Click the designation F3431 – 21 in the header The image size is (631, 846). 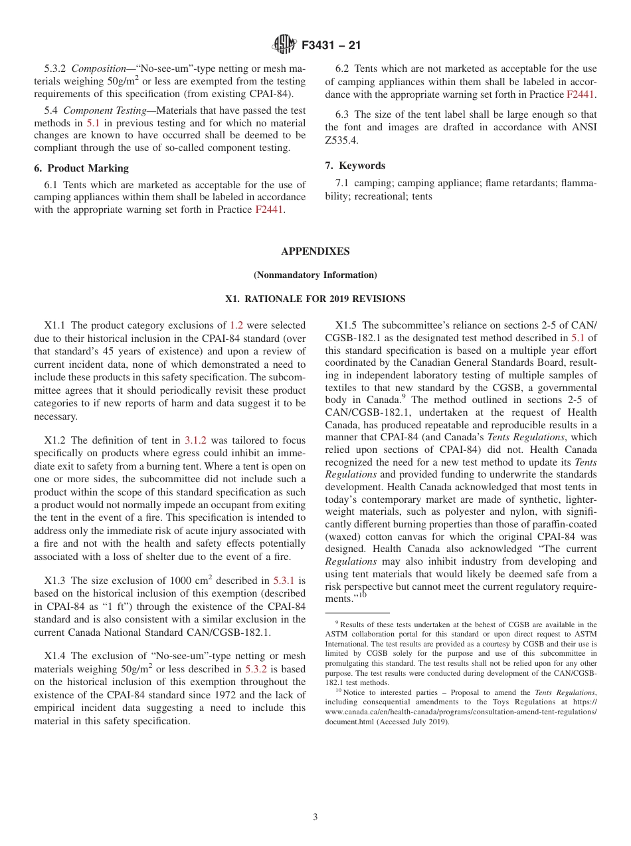[x=331, y=46]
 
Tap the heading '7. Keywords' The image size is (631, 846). [x=355, y=166]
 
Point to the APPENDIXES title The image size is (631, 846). [x=315, y=251]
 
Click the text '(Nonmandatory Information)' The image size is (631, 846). [x=315, y=275]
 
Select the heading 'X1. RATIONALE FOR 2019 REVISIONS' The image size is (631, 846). [x=315, y=299]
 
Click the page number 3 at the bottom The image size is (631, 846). [x=315, y=817]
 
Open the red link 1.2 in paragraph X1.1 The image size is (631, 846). [x=236, y=325]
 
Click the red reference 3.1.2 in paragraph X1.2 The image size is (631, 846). [x=196, y=440]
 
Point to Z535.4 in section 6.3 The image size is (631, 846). [x=340, y=140]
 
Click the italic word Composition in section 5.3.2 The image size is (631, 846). [x=98, y=69]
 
